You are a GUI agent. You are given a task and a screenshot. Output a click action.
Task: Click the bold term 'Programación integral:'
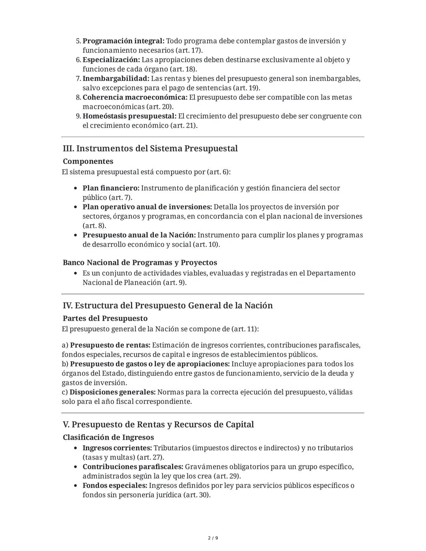click(x=123, y=41)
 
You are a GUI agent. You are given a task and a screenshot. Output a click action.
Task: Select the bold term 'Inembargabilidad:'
click(x=116, y=78)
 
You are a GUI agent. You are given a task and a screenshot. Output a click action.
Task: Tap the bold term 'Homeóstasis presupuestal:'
click(x=129, y=116)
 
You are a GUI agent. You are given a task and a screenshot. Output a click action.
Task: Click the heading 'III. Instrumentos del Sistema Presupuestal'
click(x=150, y=149)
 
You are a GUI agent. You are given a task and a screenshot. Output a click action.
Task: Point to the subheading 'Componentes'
click(x=88, y=161)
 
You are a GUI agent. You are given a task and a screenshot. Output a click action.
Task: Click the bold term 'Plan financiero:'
click(x=111, y=188)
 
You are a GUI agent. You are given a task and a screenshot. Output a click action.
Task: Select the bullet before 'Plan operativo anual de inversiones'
click(x=75, y=207)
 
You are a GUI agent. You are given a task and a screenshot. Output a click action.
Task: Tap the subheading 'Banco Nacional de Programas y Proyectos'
click(x=140, y=263)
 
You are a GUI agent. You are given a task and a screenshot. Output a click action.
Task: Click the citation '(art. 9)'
click(x=174, y=282)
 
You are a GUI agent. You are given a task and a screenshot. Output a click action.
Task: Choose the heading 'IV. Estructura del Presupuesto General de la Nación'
click(x=168, y=306)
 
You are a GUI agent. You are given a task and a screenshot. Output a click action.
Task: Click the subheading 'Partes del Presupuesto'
click(x=105, y=318)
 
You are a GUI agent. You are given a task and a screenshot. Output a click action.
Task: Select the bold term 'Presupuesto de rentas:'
click(x=110, y=345)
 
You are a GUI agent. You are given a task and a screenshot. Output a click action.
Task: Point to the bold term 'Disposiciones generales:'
click(x=112, y=392)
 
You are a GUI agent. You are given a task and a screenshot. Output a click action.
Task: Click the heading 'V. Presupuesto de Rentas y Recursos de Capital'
click(x=158, y=425)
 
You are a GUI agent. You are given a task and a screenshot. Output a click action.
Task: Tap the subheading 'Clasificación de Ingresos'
click(x=108, y=437)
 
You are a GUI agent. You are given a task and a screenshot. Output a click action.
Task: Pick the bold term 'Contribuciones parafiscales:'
click(x=133, y=467)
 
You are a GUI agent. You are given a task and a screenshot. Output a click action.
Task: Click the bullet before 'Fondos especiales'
click(x=75, y=486)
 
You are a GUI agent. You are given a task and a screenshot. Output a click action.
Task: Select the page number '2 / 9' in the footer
click(x=213, y=538)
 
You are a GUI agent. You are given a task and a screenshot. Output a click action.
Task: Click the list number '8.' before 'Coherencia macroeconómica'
click(x=78, y=97)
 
